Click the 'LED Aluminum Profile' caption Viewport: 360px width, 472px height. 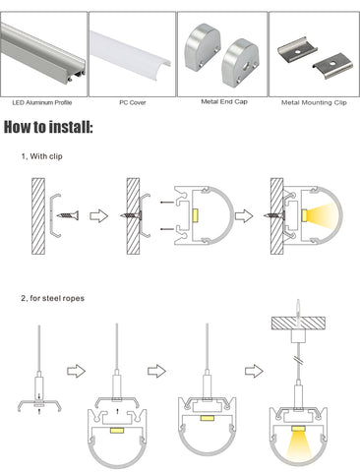[x=42, y=102]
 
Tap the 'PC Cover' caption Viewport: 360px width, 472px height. [x=133, y=102]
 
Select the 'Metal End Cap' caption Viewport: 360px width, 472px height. [x=224, y=101]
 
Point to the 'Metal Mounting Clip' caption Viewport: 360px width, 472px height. [x=314, y=102]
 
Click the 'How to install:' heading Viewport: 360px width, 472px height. [x=48, y=127]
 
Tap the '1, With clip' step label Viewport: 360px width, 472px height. [x=41, y=156]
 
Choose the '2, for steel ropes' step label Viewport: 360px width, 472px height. [x=52, y=298]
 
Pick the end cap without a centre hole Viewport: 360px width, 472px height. [x=202, y=47]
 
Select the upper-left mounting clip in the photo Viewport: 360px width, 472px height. [x=297, y=49]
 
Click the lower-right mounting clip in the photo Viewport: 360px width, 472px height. [x=332, y=66]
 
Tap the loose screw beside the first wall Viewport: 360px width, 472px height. [x=68, y=215]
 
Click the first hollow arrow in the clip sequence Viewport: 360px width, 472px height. [x=98, y=216]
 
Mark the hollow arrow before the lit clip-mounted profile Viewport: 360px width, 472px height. [x=244, y=216]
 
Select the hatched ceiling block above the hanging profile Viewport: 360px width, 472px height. [x=298, y=323]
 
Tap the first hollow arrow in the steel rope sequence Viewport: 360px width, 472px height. [x=76, y=371]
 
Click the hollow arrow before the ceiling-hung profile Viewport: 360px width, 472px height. [x=254, y=371]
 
